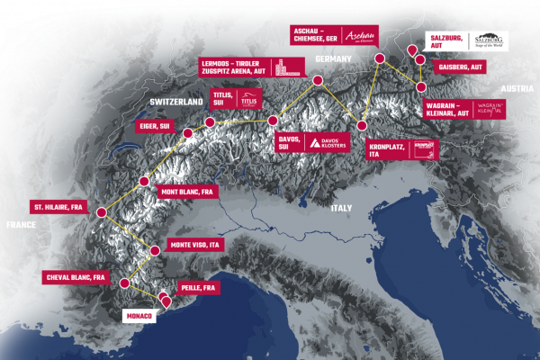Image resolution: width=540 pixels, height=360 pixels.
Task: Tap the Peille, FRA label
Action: [198, 286]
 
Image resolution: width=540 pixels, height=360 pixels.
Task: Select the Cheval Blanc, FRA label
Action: [76, 277]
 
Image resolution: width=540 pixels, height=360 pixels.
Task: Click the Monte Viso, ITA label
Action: [194, 244]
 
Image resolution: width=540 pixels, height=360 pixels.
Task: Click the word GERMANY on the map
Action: [333, 58]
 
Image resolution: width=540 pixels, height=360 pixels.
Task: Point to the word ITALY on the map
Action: [341, 208]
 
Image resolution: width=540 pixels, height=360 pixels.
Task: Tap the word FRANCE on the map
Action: [20, 224]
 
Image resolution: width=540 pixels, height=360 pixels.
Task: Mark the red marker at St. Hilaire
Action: [101, 212]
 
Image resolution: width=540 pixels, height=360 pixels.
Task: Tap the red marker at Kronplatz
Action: [362, 126]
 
